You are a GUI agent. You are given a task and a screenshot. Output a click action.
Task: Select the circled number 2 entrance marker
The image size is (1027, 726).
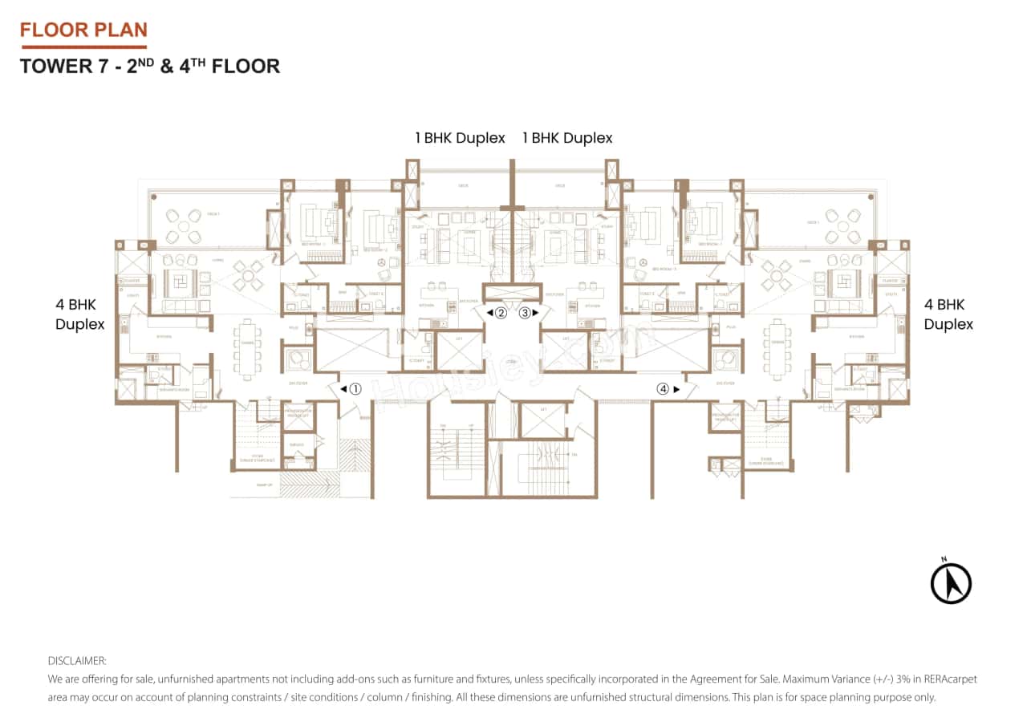501,313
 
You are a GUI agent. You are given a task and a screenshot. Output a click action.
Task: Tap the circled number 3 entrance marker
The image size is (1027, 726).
525,313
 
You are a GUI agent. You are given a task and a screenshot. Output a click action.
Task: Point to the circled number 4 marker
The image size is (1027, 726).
663,389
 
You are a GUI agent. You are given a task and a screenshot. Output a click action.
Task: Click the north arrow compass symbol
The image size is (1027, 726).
951,582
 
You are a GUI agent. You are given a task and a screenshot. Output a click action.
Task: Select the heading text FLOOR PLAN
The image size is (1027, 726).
83,30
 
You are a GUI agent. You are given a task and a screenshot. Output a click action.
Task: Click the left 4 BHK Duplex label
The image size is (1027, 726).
79,314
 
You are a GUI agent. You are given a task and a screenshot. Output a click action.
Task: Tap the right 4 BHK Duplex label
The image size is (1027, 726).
948,314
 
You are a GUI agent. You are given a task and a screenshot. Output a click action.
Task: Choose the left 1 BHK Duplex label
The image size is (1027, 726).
460,138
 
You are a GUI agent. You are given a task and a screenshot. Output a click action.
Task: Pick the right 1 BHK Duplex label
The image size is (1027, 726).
567,138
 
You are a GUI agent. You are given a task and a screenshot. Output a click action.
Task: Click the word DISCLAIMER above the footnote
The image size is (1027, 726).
77,661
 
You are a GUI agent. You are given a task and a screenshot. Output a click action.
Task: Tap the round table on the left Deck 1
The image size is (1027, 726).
184,225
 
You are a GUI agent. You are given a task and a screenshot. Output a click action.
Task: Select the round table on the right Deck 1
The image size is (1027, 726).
842,225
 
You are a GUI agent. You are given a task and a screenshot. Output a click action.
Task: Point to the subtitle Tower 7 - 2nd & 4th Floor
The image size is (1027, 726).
150,66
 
